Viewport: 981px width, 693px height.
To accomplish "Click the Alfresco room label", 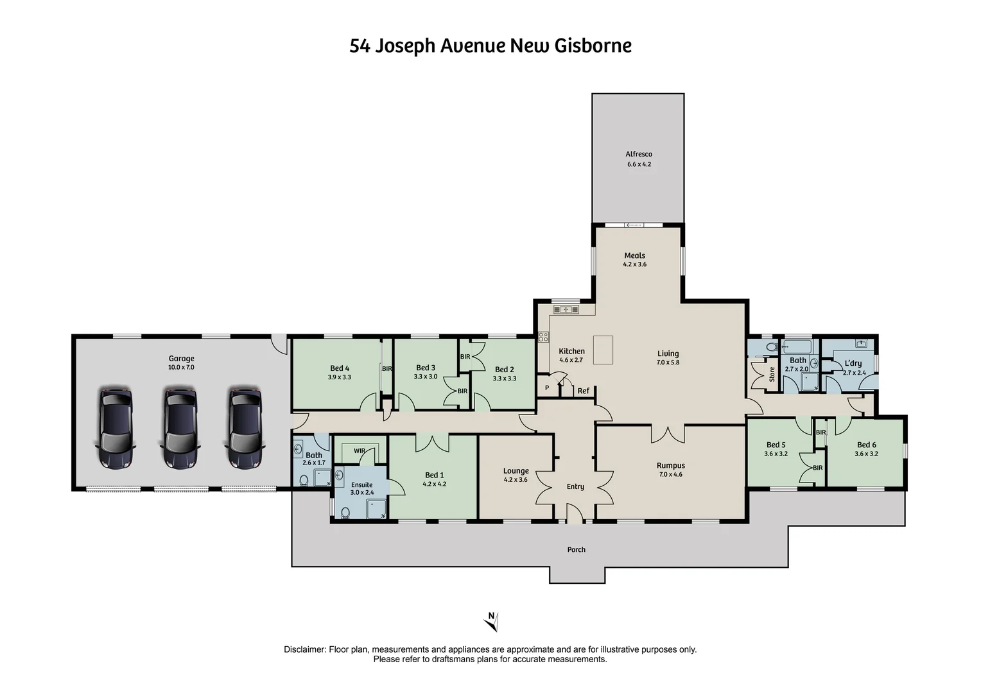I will (x=639, y=154).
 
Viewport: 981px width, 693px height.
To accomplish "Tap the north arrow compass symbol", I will (x=491, y=620).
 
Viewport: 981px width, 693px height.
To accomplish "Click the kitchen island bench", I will (x=603, y=349).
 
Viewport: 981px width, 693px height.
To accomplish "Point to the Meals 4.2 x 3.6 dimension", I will (x=634, y=264).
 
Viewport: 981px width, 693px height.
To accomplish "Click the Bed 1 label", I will (x=434, y=475).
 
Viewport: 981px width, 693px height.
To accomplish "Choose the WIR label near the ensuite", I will (x=360, y=450).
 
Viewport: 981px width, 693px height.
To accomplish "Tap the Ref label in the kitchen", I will (x=583, y=391).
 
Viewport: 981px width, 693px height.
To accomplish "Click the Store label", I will (x=772, y=374).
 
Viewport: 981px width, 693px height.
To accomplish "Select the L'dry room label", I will (x=853, y=363).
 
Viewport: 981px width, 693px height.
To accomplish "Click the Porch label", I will (x=576, y=550).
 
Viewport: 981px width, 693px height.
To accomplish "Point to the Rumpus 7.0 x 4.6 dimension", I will (x=670, y=475).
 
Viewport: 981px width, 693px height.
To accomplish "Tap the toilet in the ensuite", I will (x=345, y=512).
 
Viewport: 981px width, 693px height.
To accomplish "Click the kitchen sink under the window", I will (x=566, y=310).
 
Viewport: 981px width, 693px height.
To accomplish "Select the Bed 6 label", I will (x=866, y=445).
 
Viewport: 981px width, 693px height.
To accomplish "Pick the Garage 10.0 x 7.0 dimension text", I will (x=181, y=368).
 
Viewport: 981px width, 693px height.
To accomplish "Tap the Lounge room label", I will (x=516, y=470).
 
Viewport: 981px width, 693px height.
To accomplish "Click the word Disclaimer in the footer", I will (x=305, y=649).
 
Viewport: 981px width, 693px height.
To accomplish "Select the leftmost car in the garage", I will (x=116, y=427).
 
